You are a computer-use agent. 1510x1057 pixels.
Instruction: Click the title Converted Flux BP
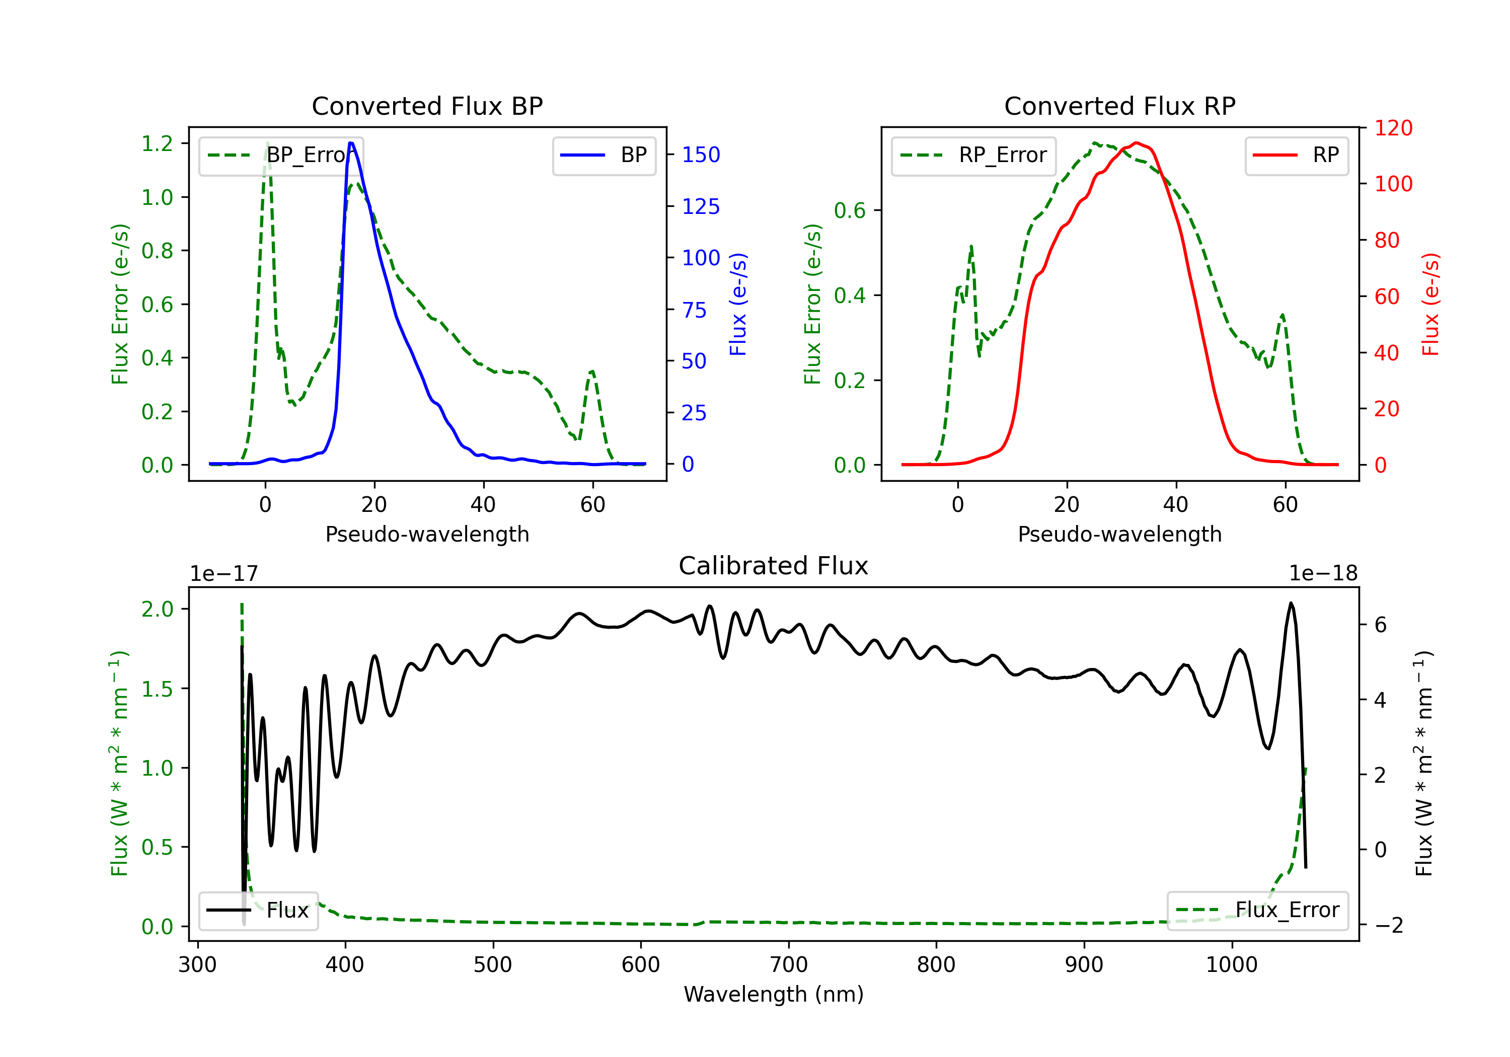[x=427, y=106]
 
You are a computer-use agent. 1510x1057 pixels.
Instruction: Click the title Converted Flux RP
[x=1119, y=106]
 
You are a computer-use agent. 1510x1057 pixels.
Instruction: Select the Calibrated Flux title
[x=774, y=566]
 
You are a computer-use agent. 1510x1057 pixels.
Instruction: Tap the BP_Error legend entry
[x=281, y=155]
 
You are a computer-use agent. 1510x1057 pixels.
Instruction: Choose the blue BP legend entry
[x=603, y=155]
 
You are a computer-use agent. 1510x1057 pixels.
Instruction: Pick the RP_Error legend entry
[x=973, y=155]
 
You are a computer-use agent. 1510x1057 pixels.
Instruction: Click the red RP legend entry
[x=1296, y=155]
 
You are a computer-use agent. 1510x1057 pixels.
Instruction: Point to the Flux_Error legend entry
[x=1257, y=911]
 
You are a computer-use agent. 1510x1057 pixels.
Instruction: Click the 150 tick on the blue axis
[x=701, y=155]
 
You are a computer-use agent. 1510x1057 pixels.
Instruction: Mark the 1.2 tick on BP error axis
[x=157, y=143]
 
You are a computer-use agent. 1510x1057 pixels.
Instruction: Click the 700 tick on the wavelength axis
[x=789, y=965]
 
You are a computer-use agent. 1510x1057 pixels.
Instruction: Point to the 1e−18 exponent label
[x=1323, y=574]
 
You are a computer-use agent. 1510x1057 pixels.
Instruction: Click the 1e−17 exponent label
[x=224, y=574]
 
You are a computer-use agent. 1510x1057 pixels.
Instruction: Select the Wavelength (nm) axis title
[x=774, y=994]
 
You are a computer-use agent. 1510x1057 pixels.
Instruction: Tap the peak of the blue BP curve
[x=351, y=143]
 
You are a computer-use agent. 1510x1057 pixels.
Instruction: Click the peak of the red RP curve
[x=1137, y=143]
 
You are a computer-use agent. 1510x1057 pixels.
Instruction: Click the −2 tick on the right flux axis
[x=1389, y=926]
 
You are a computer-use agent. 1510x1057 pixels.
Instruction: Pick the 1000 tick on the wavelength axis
[x=1232, y=965]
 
